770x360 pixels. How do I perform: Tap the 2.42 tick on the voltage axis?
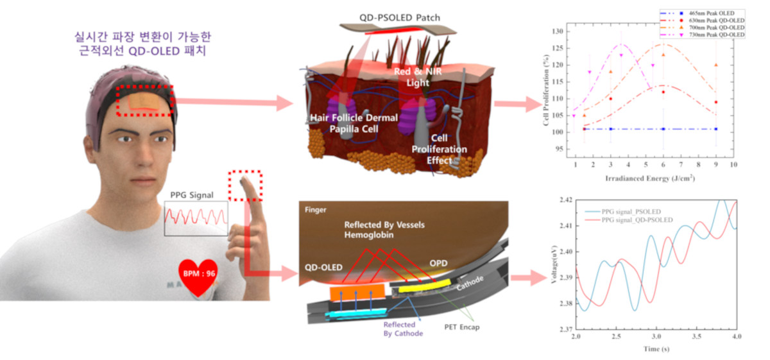564,200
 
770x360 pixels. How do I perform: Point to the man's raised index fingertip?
245,186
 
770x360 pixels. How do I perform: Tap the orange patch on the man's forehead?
144,101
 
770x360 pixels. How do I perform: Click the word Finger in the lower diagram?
316,209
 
